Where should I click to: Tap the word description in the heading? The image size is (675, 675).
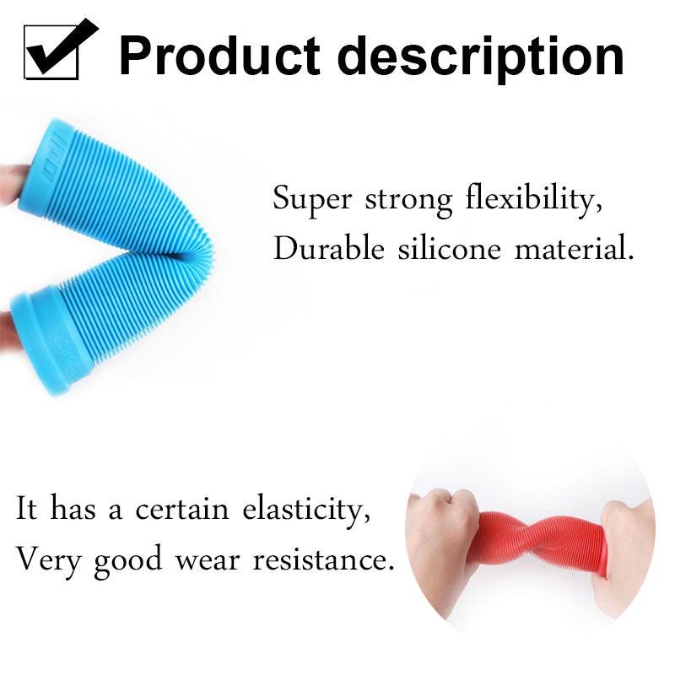coord(485,56)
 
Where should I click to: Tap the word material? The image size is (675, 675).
coord(573,250)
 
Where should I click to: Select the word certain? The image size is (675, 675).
coord(186,510)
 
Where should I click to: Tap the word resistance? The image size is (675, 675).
coord(324,559)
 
